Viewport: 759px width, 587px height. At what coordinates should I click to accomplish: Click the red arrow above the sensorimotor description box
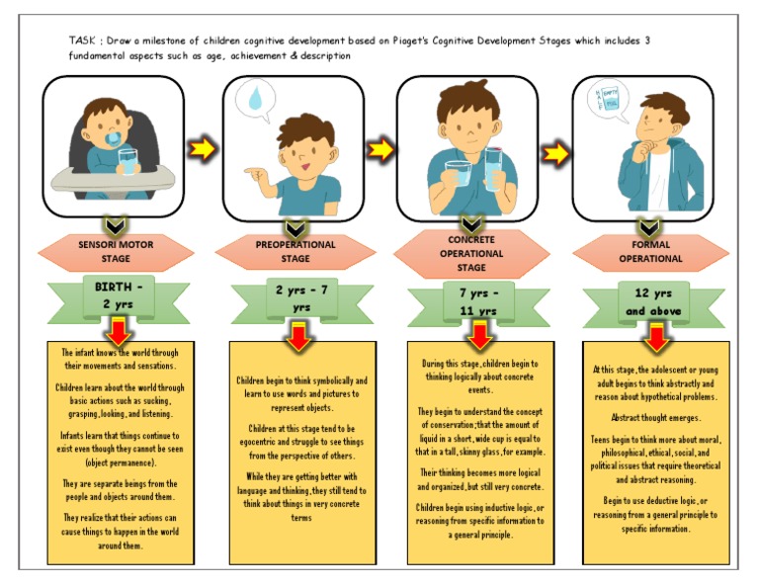point(119,331)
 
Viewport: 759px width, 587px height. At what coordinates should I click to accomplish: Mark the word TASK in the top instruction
point(81,40)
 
